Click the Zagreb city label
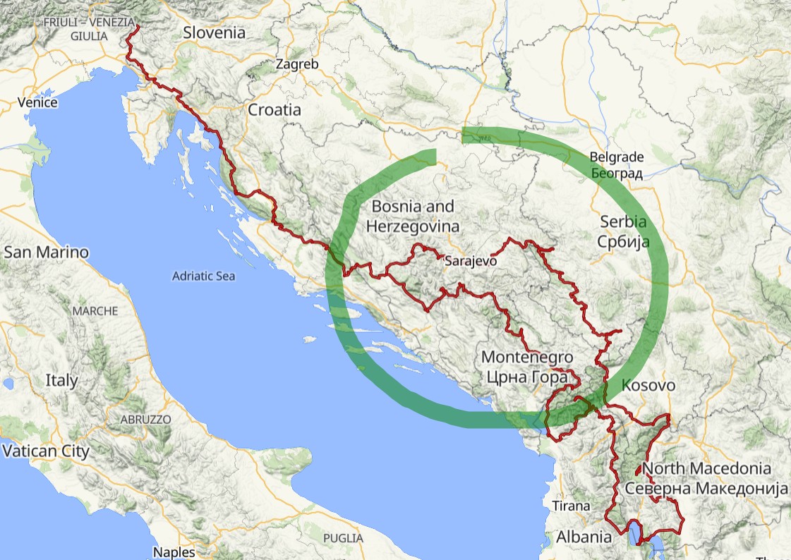(x=297, y=64)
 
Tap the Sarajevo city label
(x=471, y=261)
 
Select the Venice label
(x=37, y=102)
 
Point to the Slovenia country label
(x=214, y=32)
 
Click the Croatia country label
(x=274, y=110)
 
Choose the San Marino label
(x=47, y=252)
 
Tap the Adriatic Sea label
(x=203, y=276)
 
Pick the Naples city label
(x=174, y=552)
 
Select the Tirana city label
(x=571, y=506)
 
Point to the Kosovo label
(x=648, y=386)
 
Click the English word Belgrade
(x=617, y=157)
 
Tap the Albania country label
(x=584, y=536)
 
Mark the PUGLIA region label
(x=345, y=538)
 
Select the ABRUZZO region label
(x=146, y=419)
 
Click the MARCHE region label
(x=95, y=310)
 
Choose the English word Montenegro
(x=526, y=358)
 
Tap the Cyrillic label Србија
(x=622, y=241)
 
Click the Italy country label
(x=61, y=380)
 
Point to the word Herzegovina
(x=412, y=226)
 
